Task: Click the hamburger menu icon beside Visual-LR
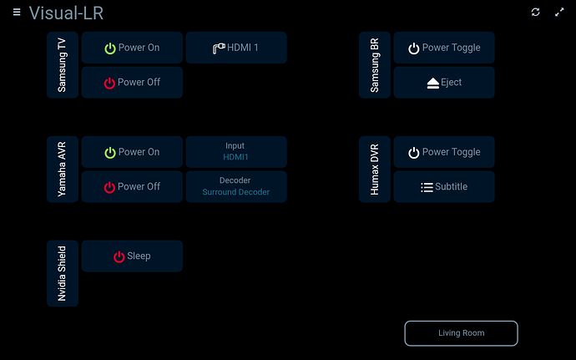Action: (17, 13)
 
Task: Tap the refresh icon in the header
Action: (536, 13)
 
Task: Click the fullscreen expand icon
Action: (559, 13)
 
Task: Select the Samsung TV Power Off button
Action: (132, 83)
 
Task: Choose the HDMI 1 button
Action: (236, 48)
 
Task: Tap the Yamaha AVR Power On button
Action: (132, 152)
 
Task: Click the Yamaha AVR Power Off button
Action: (132, 186)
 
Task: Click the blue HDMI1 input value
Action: (236, 157)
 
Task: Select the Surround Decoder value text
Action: (236, 192)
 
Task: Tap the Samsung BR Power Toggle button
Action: (444, 48)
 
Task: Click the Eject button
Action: (444, 83)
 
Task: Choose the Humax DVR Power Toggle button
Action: (444, 152)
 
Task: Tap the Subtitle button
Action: (444, 186)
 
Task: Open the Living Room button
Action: (461, 333)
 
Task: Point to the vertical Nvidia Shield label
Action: (62, 274)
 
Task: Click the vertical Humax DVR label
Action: (374, 170)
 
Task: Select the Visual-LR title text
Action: (66, 13)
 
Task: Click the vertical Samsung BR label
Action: (374, 65)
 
